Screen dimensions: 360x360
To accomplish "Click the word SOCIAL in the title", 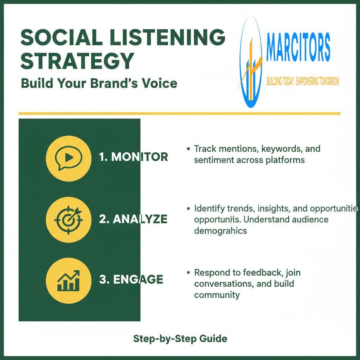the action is tap(61, 37).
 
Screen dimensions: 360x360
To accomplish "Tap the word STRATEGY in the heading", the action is tap(77, 61).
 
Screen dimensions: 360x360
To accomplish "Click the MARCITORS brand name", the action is tap(298, 47).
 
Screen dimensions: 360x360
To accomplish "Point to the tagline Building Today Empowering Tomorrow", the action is tap(303, 82).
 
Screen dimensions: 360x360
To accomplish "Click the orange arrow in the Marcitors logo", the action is tap(251, 69).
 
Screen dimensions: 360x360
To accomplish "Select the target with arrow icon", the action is tap(69, 220).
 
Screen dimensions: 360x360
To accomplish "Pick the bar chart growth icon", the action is tap(69, 281).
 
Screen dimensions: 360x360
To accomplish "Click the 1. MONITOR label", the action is tap(133, 157).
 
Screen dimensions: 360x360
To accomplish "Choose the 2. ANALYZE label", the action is tap(133, 219).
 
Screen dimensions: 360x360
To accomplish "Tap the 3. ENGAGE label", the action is tap(131, 279).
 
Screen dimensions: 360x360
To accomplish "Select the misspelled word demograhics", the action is tap(220, 231).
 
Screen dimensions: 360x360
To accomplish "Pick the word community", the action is tap(217, 295).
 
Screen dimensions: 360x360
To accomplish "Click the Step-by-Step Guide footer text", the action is tap(180, 339).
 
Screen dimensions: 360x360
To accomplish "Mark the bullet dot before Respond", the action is tap(188, 272).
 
